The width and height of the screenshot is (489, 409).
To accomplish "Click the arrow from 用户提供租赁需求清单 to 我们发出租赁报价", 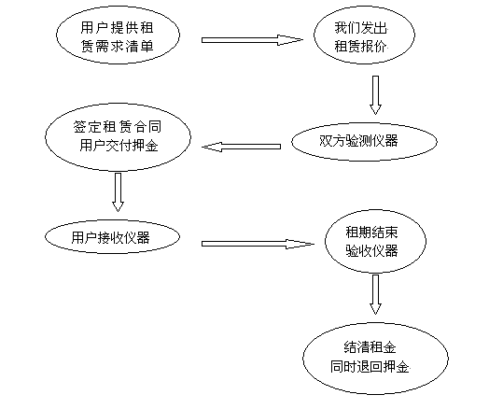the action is click(x=252, y=40).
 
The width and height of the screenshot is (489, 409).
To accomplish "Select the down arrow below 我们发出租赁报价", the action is click(x=375, y=95).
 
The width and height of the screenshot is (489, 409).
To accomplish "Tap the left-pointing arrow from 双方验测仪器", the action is click(x=241, y=147).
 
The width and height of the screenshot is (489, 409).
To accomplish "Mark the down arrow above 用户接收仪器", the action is click(x=118, y=192).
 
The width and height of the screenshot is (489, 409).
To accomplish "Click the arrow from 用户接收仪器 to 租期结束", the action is click(x=258, y=244).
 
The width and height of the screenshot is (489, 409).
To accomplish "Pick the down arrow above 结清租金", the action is click(x=375, y=294).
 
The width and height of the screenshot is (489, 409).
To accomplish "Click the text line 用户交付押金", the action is click(x=119, y=146).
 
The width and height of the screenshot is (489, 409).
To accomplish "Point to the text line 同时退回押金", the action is click(x=370, y=367).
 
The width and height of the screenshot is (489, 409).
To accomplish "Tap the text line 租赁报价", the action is click(x=361, y=47).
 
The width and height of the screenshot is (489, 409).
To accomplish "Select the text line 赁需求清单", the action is click(x=118, y=47).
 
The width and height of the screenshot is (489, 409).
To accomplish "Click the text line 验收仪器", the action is click(x=371, y=251).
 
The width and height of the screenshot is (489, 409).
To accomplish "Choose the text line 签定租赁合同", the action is click(x=118, y=127).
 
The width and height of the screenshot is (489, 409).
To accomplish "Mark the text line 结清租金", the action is click(x=370, y=347).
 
